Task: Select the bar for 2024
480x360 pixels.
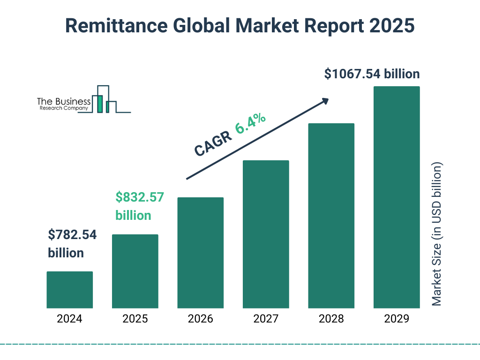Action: pyautogui.click(x=69, y=290)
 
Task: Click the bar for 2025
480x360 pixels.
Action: pyautogui.click(x=135, y=271)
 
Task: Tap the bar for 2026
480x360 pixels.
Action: pyautogui.click(x=200, y=253)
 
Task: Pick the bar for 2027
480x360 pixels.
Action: pyautogui.click(x=266, y=234)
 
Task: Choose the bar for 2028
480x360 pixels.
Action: pyautogui.click(x=331, y=216)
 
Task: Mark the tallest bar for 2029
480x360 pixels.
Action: pyautogui.click(x=397, y=197)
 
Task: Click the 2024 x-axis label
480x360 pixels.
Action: pyautogui.click(x=69, y=319)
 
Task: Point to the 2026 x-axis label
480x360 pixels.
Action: pyautogui.click(x=200, y=319)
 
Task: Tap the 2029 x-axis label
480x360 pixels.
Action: pyautogui.click(x=397, y=319)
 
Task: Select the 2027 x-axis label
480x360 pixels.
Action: pyautogui.click(x=266, y=319)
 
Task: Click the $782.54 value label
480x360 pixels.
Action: pyautogui.click(x=72, y=244)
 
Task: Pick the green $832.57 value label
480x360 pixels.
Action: pyautogui.click(x=140, y=206)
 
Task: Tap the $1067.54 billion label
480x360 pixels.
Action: pyautogui.click(x=372, y=74)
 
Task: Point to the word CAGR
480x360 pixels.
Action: pyautogui.click(x=212, y=143)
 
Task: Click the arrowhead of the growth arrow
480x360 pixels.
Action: pyautogui.click(x=325, y=100)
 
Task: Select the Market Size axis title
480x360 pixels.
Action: pyautogui.click(x=437, y=234)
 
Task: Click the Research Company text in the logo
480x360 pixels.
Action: pyautogui.click(x=63, y=108)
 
